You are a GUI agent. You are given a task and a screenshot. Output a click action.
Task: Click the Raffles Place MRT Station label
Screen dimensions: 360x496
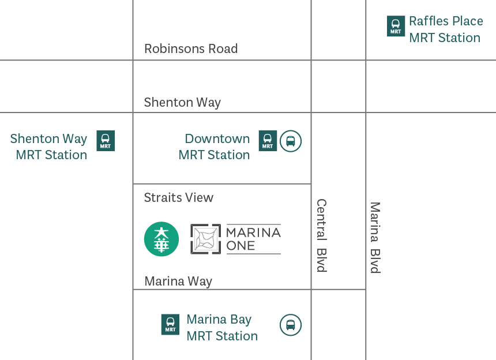coord(445,29)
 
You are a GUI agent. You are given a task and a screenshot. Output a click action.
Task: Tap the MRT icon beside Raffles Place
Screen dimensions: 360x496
coord(396,27)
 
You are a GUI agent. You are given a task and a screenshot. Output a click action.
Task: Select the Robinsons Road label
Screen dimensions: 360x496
coord(191,48)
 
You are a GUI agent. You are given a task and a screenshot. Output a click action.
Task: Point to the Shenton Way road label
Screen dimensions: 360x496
coord(182,103)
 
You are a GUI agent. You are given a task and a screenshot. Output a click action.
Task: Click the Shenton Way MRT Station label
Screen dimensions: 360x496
coord(49,147)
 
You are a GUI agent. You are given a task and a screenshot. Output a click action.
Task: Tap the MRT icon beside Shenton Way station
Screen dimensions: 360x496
coord(105,141)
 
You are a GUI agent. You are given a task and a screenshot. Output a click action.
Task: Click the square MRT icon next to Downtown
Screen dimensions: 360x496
coord(268,141)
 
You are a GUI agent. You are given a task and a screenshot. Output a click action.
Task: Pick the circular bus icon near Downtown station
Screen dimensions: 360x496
coord(291,141)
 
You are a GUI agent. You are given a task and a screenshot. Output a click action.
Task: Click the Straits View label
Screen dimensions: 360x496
coord(179,197)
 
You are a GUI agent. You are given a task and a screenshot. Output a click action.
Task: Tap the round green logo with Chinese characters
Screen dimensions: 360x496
coord(161,239)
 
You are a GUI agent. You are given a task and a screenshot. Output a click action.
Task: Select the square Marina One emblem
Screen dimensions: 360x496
coord(206,239)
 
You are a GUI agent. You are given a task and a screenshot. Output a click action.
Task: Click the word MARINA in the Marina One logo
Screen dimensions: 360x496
coord(253,232)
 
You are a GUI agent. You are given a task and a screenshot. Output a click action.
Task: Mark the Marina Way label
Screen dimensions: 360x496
coord(178,282)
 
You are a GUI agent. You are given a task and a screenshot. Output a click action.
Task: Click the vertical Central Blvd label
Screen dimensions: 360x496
coord(321,235)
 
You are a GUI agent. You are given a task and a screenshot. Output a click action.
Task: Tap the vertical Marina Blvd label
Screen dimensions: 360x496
coord(375,237)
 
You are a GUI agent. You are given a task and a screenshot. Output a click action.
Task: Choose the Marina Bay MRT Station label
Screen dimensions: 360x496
coord(221,328)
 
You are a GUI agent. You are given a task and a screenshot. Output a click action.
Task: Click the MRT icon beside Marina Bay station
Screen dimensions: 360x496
coord(170,325)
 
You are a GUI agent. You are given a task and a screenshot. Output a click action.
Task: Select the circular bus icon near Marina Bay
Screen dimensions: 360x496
coord(291,325)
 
